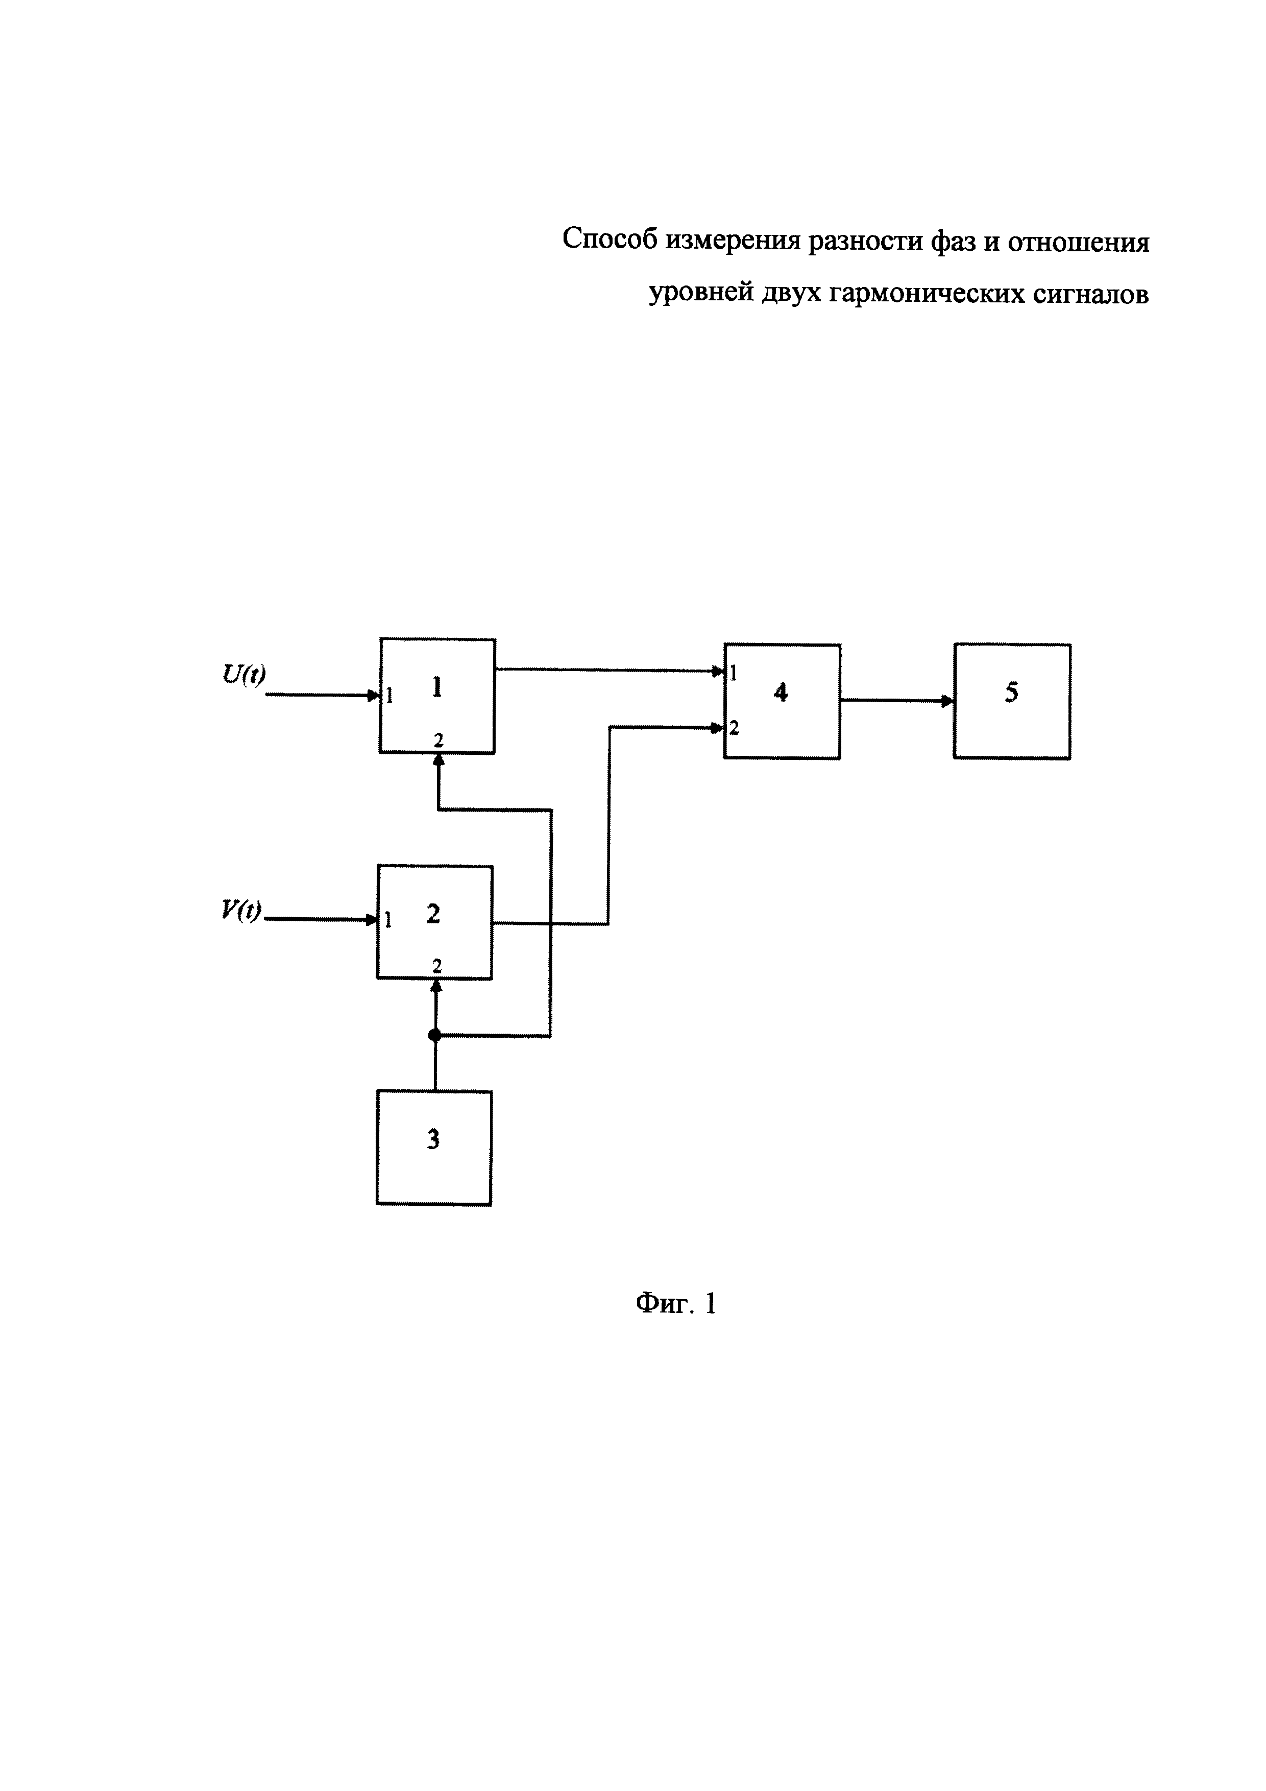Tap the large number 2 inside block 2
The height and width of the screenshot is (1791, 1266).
pos(433,914)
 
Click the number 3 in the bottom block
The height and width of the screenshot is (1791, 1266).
pos(433,1140)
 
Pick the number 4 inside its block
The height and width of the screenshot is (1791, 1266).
pos(781,692)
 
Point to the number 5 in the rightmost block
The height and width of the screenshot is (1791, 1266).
pos(1011,692)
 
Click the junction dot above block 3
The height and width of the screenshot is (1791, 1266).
pos(435,1035)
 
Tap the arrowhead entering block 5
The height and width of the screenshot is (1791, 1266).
pos(947,701)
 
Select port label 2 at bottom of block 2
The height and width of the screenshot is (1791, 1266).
pos(436,966)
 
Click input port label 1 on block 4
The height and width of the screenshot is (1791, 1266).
pos(734,673)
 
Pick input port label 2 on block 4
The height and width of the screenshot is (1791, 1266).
pos(734,729)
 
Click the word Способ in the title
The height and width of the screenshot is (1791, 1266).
pos(611,240)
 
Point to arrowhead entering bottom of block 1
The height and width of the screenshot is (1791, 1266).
pos(438,761)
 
